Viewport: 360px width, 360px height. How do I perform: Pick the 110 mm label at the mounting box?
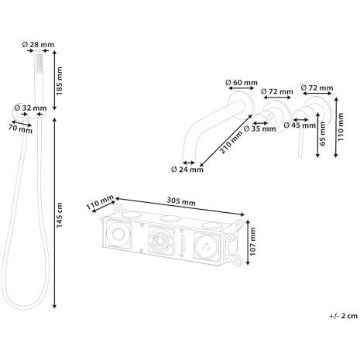[x=100, y=205]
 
